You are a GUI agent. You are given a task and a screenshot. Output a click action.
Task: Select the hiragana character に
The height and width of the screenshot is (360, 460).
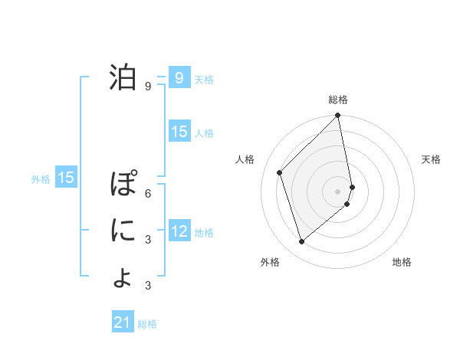[123, 230]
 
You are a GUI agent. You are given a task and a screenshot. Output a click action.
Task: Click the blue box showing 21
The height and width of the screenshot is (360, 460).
[123, 322]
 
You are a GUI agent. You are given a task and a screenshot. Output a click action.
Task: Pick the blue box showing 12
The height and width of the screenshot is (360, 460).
[179, 231]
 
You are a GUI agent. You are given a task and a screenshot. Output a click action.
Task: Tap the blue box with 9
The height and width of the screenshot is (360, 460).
[179, 77]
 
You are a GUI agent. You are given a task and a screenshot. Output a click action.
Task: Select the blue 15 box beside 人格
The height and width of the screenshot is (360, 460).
[179, 132]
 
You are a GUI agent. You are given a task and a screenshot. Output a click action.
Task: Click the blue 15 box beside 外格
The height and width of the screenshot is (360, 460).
[66, 178]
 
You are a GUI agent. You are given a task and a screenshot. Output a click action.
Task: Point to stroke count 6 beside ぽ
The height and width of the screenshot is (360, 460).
[147, 193]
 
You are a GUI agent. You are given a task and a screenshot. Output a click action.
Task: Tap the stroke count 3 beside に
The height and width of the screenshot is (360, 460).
[147, 240]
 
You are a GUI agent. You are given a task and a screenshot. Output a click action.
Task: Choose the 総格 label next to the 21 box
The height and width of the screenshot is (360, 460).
[147, 324]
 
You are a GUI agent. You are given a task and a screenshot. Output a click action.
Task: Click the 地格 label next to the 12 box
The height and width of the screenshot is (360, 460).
[204, 232]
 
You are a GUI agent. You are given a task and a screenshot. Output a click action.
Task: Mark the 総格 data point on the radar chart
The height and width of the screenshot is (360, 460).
[338, 116]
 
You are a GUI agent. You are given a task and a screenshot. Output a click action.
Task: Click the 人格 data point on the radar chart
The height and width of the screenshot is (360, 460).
[280, 172]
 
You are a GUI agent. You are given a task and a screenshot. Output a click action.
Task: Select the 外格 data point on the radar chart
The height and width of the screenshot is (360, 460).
[302, 242]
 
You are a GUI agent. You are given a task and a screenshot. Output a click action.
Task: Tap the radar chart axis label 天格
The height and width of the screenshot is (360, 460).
[431, 159]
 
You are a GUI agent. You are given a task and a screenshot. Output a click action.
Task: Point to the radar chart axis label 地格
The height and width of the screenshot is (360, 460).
[402, 263]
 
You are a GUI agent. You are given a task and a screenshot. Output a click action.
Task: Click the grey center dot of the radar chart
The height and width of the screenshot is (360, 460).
[338, 191]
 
